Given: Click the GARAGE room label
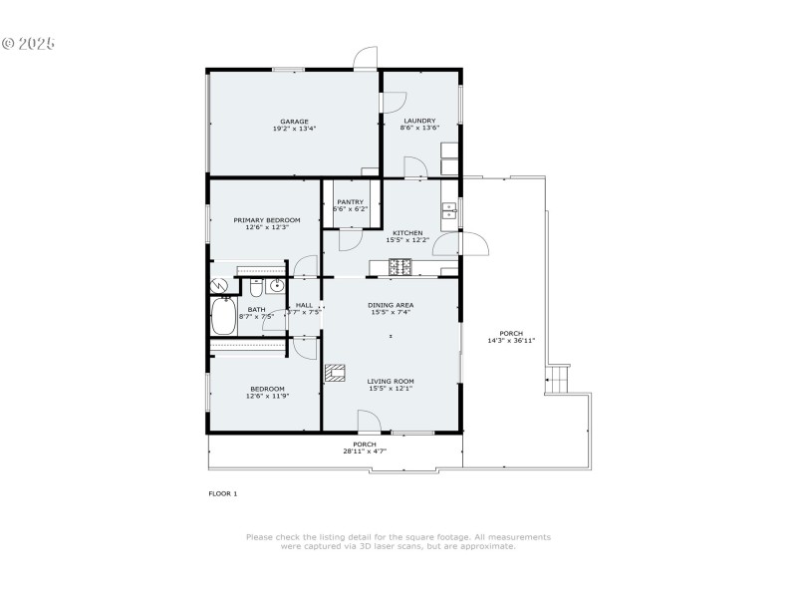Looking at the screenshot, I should tap(293, 121).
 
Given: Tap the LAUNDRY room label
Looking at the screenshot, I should tap(419, 121).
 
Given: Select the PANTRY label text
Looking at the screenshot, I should tap(349, 201).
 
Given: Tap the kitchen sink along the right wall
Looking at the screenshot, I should tap(449, 210).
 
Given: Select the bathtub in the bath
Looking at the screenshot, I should tap(223, 319).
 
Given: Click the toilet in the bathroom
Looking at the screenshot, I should tap(255, 290).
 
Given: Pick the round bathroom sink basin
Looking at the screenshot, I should tap(276, 289).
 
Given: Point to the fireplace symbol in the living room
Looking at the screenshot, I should tap(336, 374).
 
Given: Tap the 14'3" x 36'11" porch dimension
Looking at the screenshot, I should tap(511, 340).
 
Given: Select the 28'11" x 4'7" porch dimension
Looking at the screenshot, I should tap(365, 450).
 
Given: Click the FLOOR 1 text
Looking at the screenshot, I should tap(222, 493).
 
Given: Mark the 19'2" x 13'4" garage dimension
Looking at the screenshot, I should tap(293, 129).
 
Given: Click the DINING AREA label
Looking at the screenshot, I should tap(391, 304).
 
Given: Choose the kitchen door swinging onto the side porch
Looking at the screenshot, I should tap(472, 244).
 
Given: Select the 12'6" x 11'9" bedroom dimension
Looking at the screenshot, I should tap(267, 396).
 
